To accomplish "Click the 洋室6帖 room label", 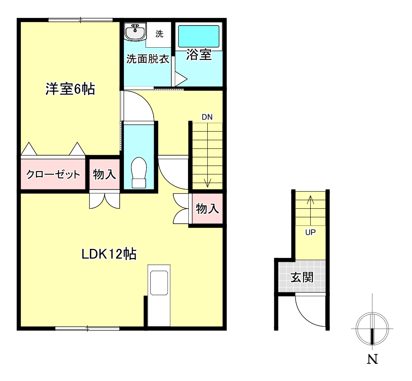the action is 70,89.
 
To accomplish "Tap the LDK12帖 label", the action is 109,254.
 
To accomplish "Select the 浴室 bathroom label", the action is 199,55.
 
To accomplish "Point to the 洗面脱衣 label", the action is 148,59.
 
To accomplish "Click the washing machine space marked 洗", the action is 159,34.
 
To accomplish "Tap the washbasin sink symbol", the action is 135,32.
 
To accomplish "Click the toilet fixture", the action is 139,172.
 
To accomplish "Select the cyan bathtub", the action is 198,36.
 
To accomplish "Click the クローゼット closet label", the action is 53,174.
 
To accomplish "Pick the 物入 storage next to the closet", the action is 104,174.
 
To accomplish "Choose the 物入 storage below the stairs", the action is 207,209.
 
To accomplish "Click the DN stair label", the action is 207,117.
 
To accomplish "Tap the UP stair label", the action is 310,232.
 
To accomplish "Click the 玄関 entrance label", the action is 302,277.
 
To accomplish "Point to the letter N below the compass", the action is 372,359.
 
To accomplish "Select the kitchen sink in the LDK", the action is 159,283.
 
